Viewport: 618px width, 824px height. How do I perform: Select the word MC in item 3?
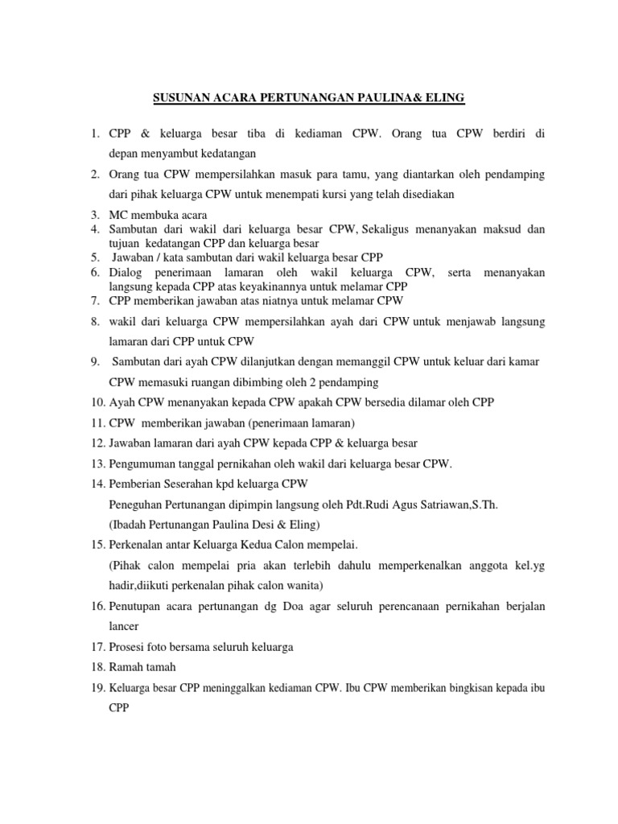117,215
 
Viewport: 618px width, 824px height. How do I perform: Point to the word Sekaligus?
391,229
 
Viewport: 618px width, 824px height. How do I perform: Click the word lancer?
125,625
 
